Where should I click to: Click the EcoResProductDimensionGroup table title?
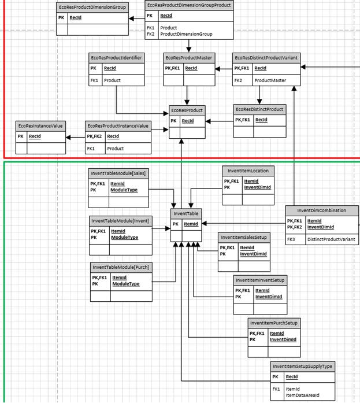(92, 6)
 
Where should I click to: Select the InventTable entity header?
(185, 214)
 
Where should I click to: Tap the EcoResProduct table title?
(187, 110)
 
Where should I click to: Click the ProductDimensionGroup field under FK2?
(186, 35)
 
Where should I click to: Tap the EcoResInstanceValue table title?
(40, 125)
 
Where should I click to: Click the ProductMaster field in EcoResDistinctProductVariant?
(270, 80)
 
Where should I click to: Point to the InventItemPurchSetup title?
(274, 323)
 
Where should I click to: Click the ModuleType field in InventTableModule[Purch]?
(126, 284)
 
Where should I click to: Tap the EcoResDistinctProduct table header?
(259, 109)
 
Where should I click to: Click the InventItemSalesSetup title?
(243, 237)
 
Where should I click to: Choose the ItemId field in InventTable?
(191, 224)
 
